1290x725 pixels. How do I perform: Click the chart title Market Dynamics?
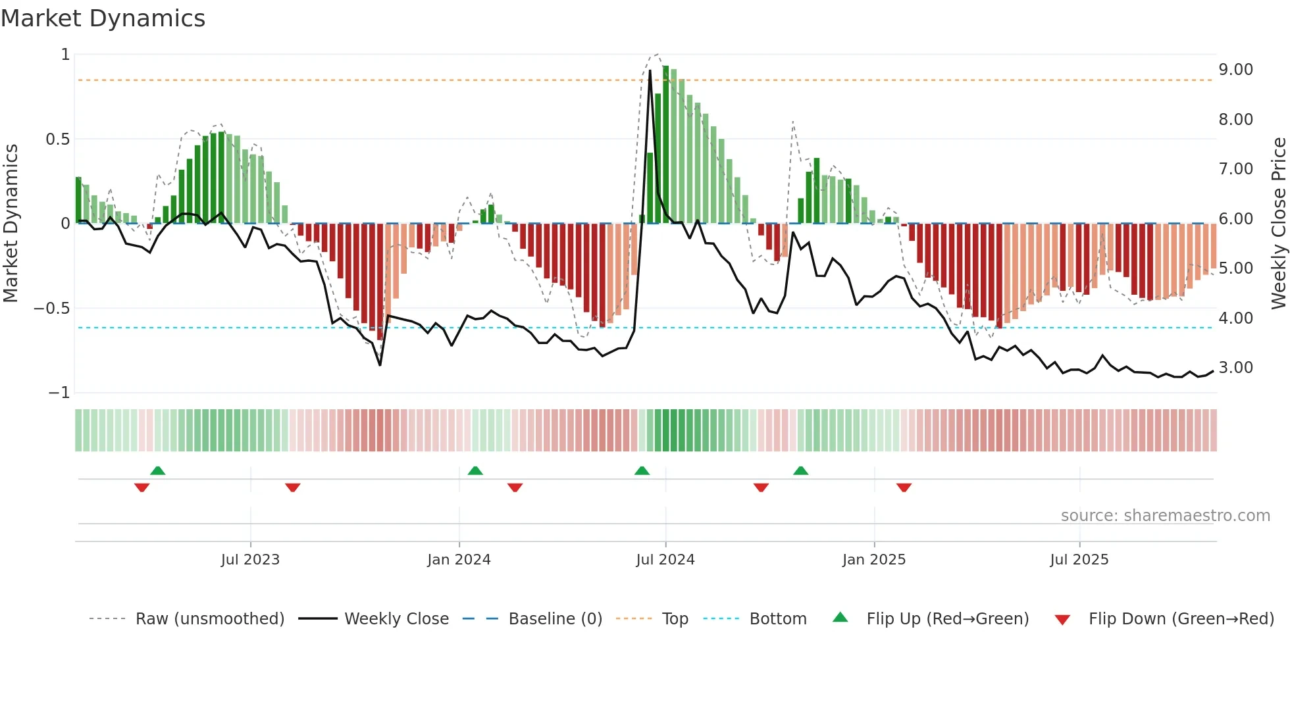(x=103, y=18)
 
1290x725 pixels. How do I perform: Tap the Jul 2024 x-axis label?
(x=665, y=560)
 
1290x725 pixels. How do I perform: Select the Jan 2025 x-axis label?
(x=873, y=560)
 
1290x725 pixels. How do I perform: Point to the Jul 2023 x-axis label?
(x=250, y=560)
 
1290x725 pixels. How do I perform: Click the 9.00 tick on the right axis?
(x=1235, y=70)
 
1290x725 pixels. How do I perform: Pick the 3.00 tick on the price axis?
(x=1235, y=368)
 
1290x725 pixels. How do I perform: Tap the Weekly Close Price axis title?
(x=1278, y=224)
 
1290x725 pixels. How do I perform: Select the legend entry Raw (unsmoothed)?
(x=209, y=619)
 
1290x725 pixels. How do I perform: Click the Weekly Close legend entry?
(x=396, y=619)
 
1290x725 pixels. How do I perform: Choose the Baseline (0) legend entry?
(x=555, y=619)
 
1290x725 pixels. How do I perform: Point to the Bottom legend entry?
(x=777, y=619)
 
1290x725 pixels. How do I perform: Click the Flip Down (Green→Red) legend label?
(x=1181, y=619)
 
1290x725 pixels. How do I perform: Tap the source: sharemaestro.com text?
(x=1165, y=516)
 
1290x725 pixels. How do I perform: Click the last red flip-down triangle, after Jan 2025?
(x=904, y=488)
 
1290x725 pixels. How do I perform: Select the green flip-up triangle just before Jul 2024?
(x=642, y=470)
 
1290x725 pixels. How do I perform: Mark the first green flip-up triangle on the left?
(x=157, y=470)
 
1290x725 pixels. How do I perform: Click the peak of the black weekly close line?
(x=650, y=71)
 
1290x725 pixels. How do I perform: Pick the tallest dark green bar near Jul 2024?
(x=665, y=145)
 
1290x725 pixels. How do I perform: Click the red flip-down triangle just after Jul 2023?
(x=293, y=488)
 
